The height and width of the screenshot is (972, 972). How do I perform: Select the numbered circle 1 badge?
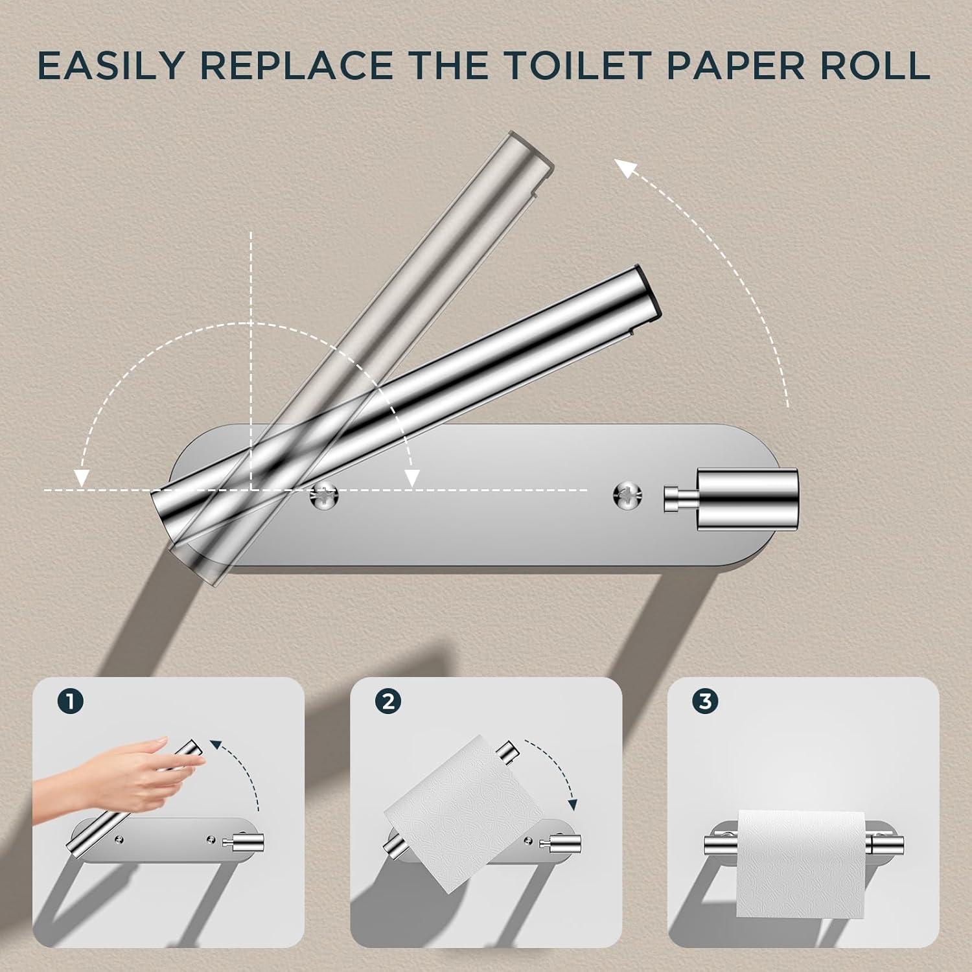(70, 701)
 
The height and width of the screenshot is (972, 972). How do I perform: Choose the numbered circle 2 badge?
(388, 701)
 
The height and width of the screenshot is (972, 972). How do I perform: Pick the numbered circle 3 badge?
(705, 701)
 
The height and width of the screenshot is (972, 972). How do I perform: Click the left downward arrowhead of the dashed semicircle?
(81, 478)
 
